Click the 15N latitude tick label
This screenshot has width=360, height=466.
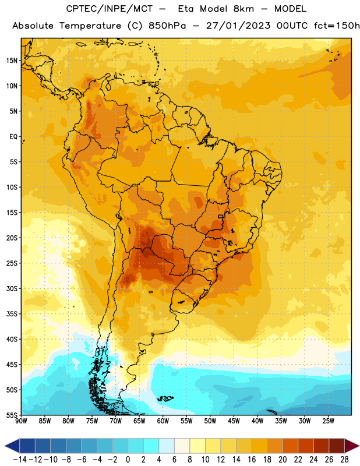pyautogui.click(x=12, y=61)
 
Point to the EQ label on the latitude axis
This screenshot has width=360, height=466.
pyautogui.click(x=13, y=137)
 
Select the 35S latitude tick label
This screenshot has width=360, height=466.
pyautogui.click(x=12, y=314)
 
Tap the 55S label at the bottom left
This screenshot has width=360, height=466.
pyautogui.click(x=12, y=415)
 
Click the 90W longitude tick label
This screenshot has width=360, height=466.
pyautogui.click(x=21, y=421)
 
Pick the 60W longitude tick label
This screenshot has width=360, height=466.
pyautogui.click(x=163, y=421)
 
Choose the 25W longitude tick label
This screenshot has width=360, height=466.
pyautogui.click(x=328, y=421)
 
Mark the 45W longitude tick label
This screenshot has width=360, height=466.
pyautogui.click(x=234, y=421)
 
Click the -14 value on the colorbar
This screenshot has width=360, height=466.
pyautogui.click(x=20, y=460)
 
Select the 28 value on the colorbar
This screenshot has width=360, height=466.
pyautogui.click(x=344, y=460)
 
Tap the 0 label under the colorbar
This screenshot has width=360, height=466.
pyautogui.click(x=128, y=460)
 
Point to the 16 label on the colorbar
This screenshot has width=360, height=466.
pyautogui.click(x=252, y=460)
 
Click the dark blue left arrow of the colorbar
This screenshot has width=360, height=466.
pyautogui.click(x=12, y=446)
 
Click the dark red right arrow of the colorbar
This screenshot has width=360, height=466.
pyautogui.click(x=352, y=446)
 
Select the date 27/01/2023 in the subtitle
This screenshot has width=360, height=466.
pyautogui.click(x=238, y=26)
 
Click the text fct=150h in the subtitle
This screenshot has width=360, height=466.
pyautogui.click(x=337, y=26)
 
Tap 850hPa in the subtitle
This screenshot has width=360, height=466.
pyautogui.click(x=167, y=26)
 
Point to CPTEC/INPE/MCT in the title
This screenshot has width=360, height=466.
pyautogui.click(x=109, y=9)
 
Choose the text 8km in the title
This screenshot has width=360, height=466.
pyautogui.click(x=243, y=9)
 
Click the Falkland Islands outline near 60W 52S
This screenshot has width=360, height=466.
pyautogui.click(x=165, y=398)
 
